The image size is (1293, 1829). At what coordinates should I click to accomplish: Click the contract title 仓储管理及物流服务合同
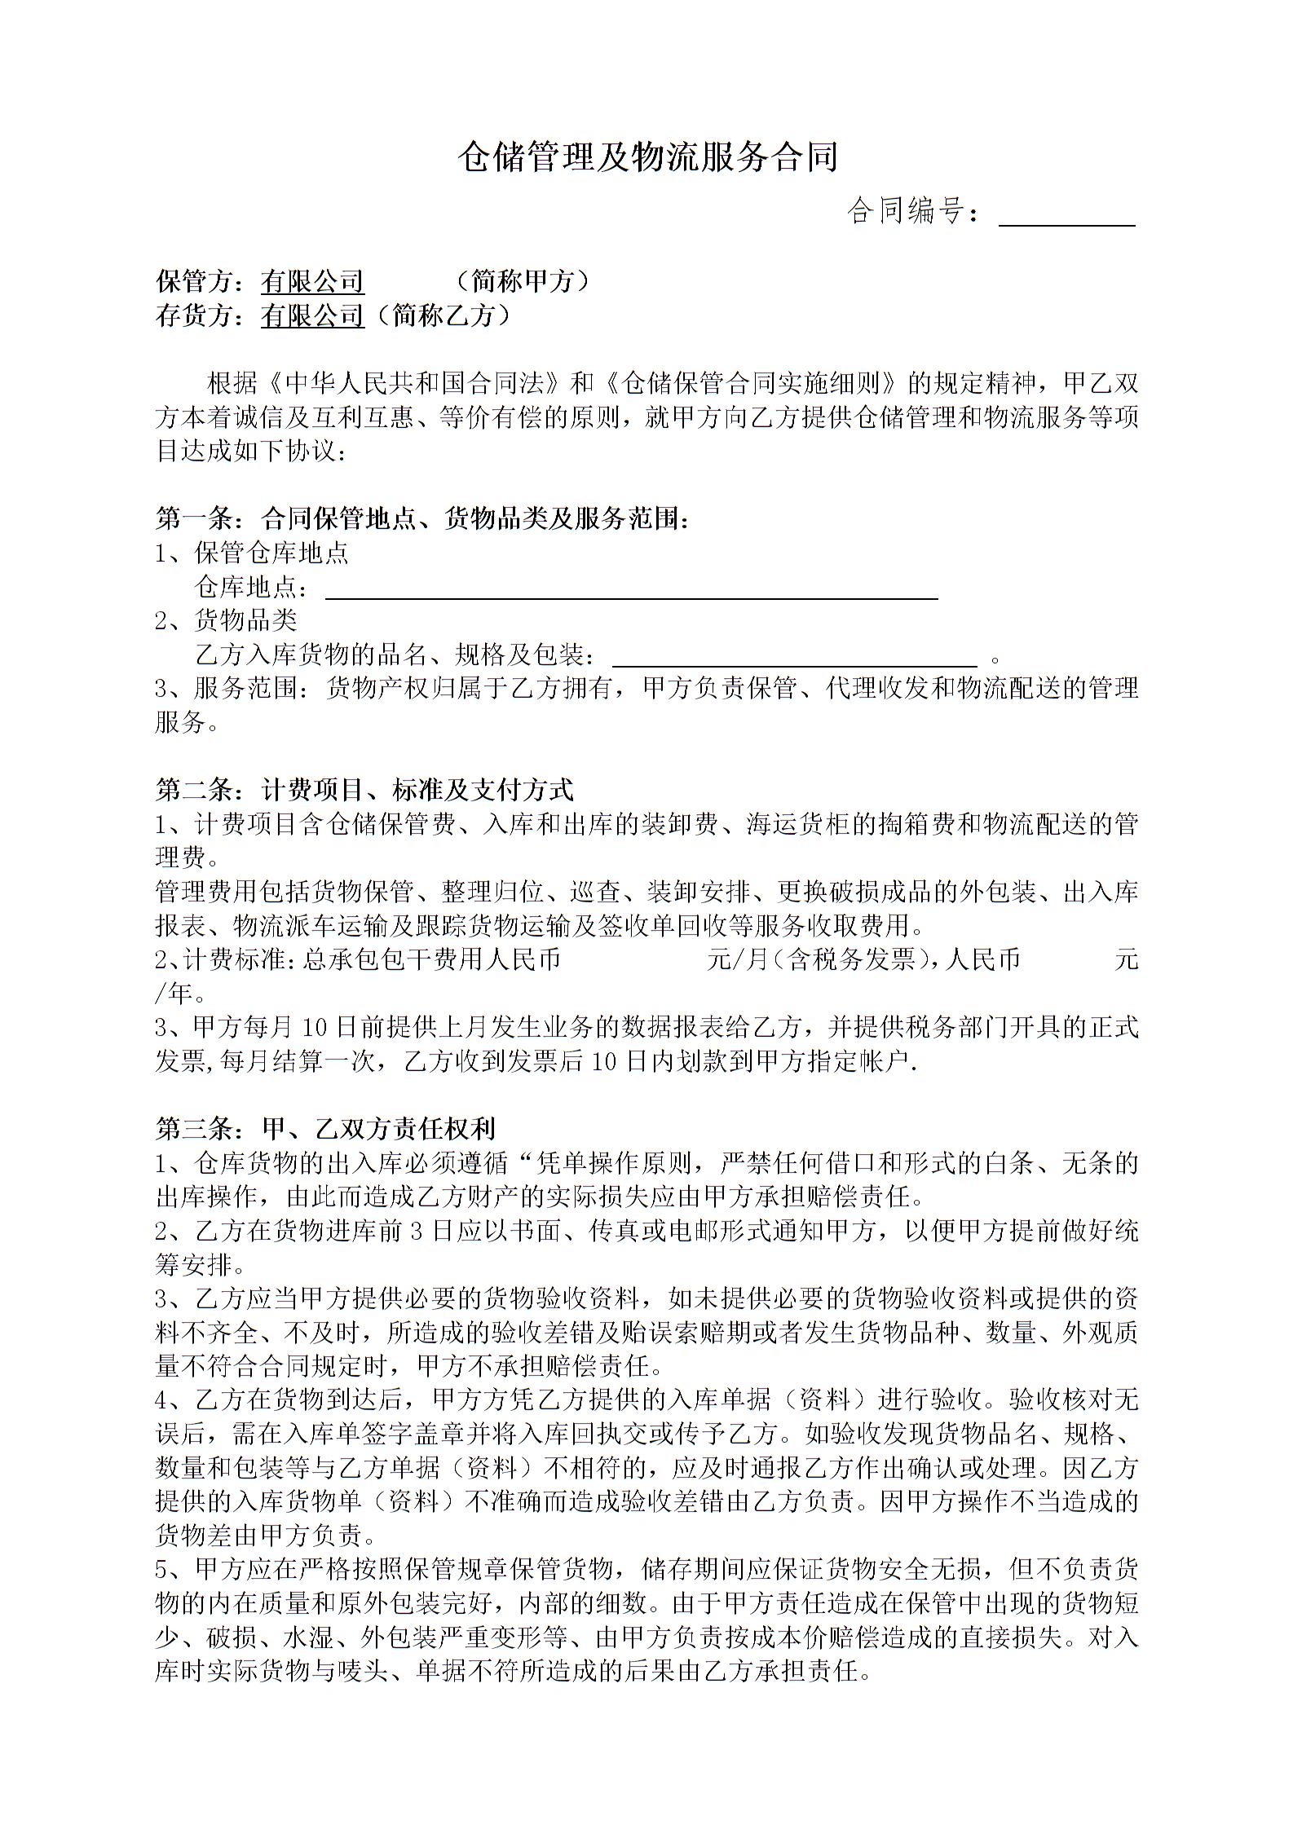pyautogui.click(x=646, y=157)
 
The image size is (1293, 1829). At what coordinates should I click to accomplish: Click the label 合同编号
pyautogui.click(x=905, y=212)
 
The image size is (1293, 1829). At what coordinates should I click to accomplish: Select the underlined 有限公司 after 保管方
pyautogui.click(x=312, y=282)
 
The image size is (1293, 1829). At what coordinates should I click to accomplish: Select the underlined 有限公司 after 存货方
pyautogui.click(x=312, y=315)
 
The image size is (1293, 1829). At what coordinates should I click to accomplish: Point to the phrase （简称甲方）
pyautogui.click(x=523, y=282)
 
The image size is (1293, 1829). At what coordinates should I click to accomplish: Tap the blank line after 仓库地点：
pyautogui.click(x=631, y=592)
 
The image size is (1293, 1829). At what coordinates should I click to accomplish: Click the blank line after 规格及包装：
pyautogui.click(x=794, y=659)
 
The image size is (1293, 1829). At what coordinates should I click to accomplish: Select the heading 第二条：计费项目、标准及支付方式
pyautogui.click(x=364, y=789)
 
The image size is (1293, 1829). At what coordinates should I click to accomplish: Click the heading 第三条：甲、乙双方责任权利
pyautogui.click(x=325, y=1128)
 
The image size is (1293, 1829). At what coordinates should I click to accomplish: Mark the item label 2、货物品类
pyautogui.click(x=226, y=620)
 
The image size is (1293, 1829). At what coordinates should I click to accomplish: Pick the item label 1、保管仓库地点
pyautogui.click(x=252, y=553)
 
